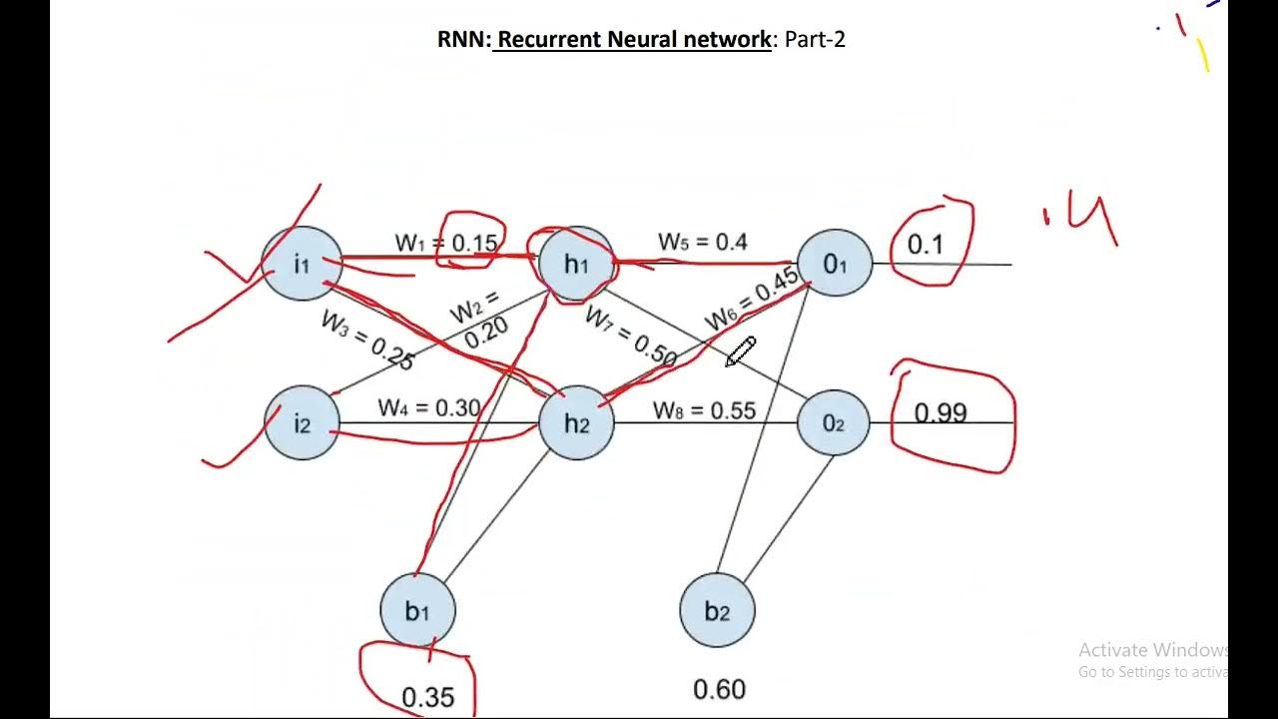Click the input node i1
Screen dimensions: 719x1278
coord(302,264)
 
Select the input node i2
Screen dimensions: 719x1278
coord(302,423)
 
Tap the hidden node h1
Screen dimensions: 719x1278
coord(576,264)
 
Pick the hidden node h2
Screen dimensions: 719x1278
coord(576,423)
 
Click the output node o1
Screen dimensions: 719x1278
coord(835,264)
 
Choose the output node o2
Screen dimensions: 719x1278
coord(834,423)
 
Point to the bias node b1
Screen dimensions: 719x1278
coord(417,610)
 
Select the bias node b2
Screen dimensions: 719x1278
coord(717,610)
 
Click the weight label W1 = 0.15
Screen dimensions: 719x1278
coord(446,243)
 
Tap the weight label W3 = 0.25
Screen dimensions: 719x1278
coord(366,340)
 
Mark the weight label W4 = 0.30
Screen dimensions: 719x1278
coord(428,407)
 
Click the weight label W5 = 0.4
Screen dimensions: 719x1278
coord(702,242)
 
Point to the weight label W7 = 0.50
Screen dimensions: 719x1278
coord(631,336)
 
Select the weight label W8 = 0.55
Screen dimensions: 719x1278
coord(704,410)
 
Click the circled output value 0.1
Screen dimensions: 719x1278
coord(925,245)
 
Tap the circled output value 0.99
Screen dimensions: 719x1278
coord(941,412)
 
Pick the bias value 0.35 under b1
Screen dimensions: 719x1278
coord(427,696)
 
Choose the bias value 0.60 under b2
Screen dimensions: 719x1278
coord(719,689)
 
